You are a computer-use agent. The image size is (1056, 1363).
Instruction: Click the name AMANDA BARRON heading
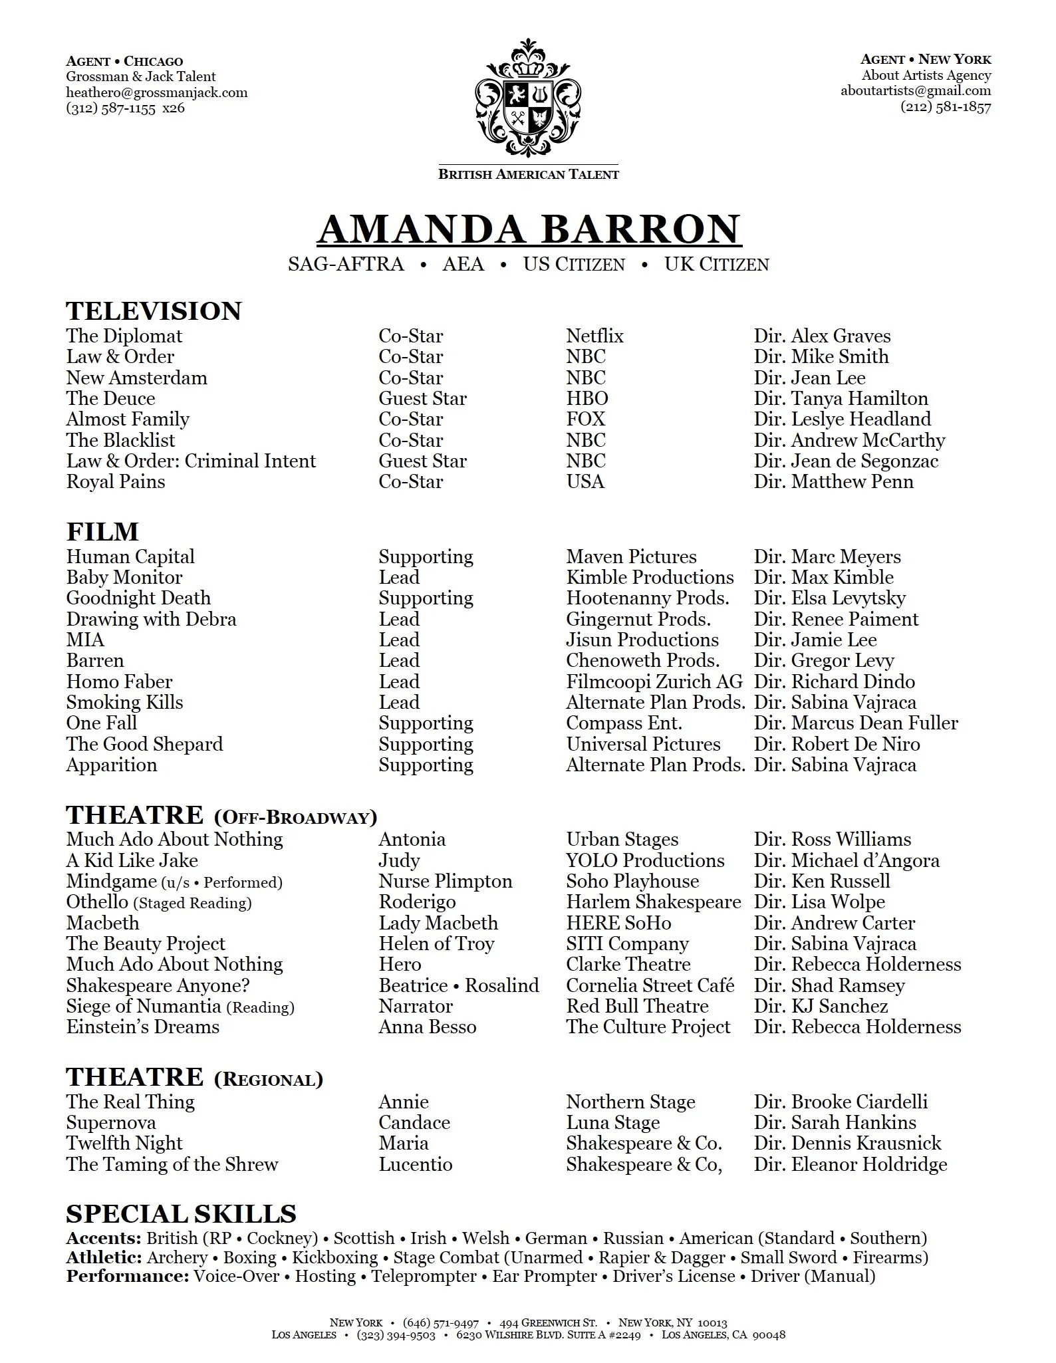[529, 229]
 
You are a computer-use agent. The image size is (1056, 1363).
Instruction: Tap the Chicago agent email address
[157, 92]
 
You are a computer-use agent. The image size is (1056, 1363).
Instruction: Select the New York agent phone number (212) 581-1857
[946, 106]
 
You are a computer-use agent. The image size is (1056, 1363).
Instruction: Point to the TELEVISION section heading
[154, 311]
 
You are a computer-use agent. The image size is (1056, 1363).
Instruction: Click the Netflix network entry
[594, 336]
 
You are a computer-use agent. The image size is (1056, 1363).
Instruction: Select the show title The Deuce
[110, 398]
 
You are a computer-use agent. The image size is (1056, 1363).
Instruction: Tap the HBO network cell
[587, 398]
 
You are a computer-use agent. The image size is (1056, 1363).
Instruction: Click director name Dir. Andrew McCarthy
[849, 440]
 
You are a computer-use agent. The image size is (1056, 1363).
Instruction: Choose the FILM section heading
[102, 532]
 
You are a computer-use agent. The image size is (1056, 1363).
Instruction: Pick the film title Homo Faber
[119, 681]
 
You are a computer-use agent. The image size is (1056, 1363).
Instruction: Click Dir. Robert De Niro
[837, 744]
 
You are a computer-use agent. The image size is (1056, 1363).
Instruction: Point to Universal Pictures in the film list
[643, 744]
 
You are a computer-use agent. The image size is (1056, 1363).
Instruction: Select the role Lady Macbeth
[438, 923]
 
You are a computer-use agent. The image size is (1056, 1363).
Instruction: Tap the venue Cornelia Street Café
[650, 985]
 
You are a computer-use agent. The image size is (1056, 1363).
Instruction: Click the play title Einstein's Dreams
[142, 1027]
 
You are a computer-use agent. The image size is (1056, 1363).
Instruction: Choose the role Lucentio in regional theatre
[416, 1164]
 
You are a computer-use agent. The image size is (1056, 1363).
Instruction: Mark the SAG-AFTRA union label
[346, 265]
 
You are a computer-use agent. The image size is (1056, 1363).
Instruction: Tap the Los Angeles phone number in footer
[396, 1335]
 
